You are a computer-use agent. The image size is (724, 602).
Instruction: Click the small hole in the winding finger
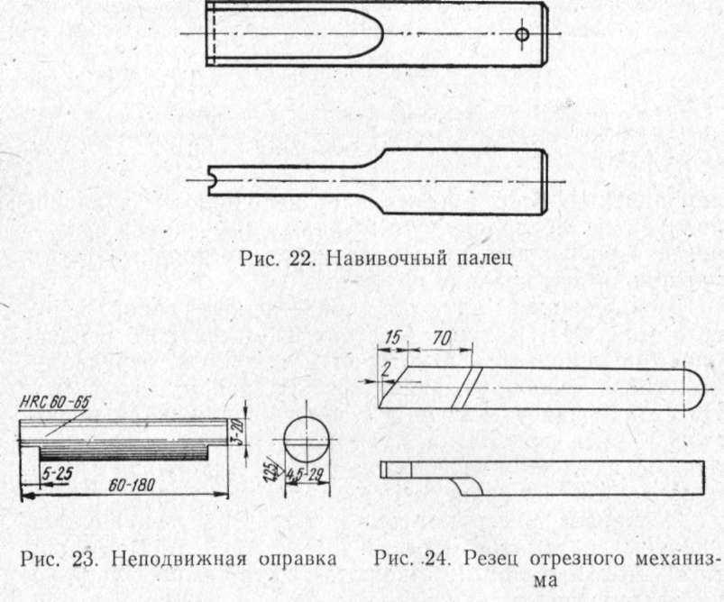pos(522,34)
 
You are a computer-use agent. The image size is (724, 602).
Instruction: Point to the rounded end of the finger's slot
pos(377,33)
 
